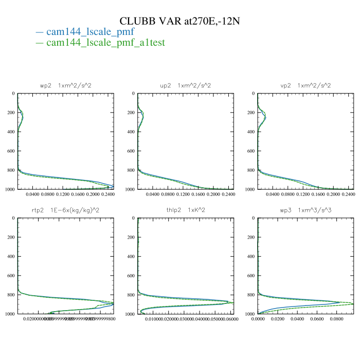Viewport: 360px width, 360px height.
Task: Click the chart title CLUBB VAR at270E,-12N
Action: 180,21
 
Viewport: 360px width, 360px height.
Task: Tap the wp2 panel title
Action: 65,85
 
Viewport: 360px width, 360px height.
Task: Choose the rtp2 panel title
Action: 65,210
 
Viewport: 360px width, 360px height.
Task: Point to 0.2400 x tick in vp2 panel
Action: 348,195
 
